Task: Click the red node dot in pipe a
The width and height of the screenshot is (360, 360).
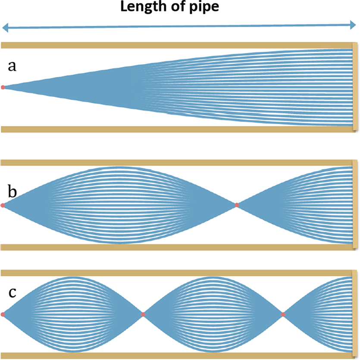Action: (3, 88)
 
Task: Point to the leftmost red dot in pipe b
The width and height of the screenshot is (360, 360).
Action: (3, 205)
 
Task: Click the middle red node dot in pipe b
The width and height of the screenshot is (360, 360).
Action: (237, 205)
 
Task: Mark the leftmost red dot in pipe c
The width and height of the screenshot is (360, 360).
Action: (3, 315)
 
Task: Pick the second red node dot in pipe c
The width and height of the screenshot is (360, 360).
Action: (143, 315)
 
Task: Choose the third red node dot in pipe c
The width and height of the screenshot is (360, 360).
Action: (283, 315)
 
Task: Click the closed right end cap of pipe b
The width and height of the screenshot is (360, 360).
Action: (355, 205)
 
